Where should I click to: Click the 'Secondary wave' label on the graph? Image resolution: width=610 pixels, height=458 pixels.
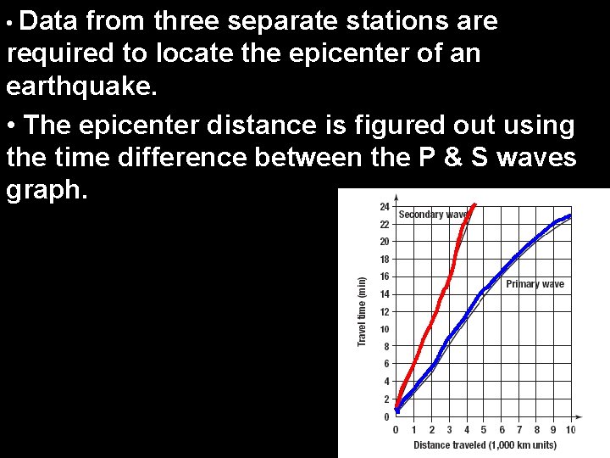pos(432,215)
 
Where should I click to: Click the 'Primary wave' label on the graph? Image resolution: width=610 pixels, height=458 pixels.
pos(535,284)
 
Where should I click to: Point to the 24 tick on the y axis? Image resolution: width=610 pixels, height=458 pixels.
pos(385,207)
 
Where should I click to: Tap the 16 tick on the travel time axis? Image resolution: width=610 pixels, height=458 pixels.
pos(385,276)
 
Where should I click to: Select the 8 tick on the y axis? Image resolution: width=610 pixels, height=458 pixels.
pos(385,346)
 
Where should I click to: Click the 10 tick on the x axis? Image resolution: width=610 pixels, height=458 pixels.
pos(570,430)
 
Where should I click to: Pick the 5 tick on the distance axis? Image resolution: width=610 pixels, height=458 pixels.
pos(484,430)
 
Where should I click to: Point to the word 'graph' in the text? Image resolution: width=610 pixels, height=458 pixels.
pos(43,191)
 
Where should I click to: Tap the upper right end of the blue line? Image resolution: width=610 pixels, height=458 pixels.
pos(569,215)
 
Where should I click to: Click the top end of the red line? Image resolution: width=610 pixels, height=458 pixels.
pos(475,204)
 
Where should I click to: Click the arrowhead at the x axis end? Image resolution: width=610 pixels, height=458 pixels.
pos(579,416)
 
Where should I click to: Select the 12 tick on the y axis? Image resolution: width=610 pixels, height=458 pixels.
pos(385,311)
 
